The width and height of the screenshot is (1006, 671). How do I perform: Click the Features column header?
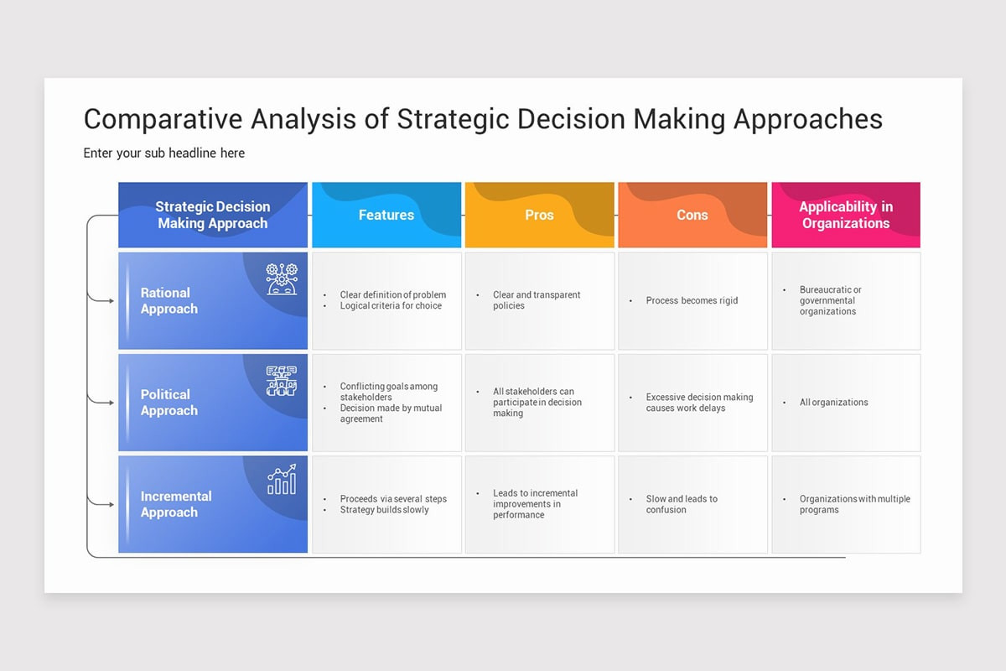(x=386, y=216)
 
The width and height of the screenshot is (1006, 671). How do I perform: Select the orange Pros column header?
(x=539, y=216)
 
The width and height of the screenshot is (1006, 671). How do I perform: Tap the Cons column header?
(x=692, y=216)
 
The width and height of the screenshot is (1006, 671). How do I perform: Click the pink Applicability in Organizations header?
(x=845, y=216)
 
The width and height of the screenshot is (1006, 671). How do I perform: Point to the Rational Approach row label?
(x=169, y=301)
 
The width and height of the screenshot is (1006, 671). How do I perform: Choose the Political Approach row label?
(x=169, y=403)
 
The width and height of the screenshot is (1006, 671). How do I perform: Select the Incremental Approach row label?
(x=176, y=504)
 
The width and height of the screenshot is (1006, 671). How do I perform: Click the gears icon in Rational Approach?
(x=282, y=278)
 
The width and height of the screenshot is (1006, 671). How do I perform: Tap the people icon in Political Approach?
(x=282, y=380)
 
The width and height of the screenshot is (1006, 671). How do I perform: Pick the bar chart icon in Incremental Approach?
(x=282, y=480)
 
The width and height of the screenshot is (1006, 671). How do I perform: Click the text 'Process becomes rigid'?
(x=692, y=300)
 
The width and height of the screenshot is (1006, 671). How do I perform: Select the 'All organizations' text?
(x=833, y=403)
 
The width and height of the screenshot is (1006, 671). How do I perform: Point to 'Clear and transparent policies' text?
(x=537, y=300)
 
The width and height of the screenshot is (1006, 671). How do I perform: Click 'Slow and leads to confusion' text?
(x=682, y=504)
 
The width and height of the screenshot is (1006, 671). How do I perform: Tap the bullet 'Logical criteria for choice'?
(x=390, y=306)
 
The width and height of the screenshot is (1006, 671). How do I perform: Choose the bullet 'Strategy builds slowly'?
(x=384, y=510)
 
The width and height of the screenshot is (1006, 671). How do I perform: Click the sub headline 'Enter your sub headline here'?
(x=164, y=153)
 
